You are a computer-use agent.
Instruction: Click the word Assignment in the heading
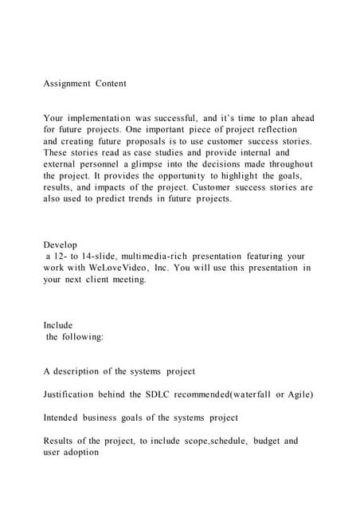(66, 83)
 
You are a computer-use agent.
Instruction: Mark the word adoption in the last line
(84, 452)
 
